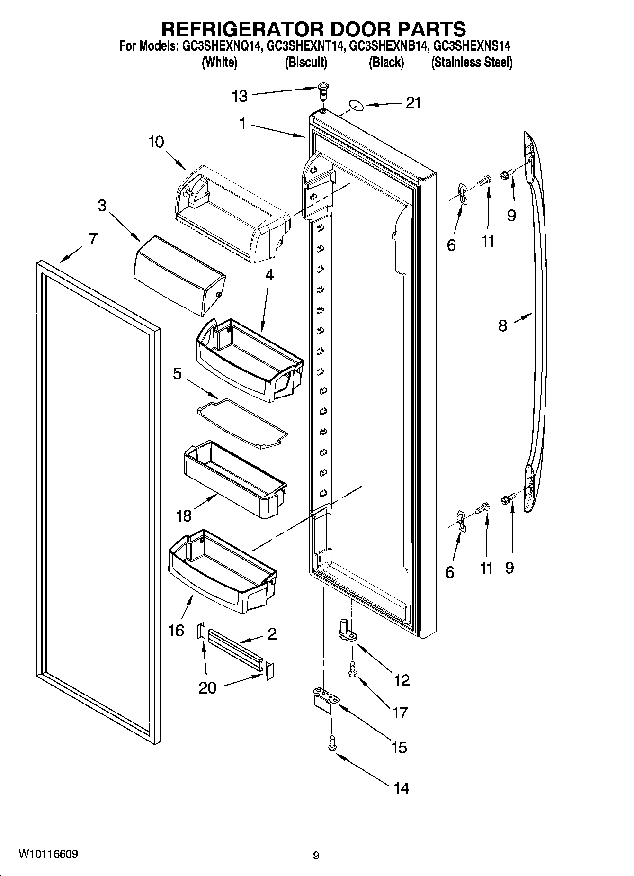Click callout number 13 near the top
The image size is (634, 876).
[x=240, y=96]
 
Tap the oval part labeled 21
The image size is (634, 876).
[x=357, y=105]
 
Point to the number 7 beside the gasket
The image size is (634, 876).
[x=93, y=238]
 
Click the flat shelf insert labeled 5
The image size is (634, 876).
[x=242, y=423]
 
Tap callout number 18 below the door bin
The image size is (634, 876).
[x=184, y=515]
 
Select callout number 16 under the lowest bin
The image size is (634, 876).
[x=176, y=630]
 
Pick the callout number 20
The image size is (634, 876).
[x=207, y=687]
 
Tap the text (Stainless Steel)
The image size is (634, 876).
[x=472, y=62]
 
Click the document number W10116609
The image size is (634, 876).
[x=48, y=854]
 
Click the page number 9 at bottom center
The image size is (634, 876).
[x=316, y=855]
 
